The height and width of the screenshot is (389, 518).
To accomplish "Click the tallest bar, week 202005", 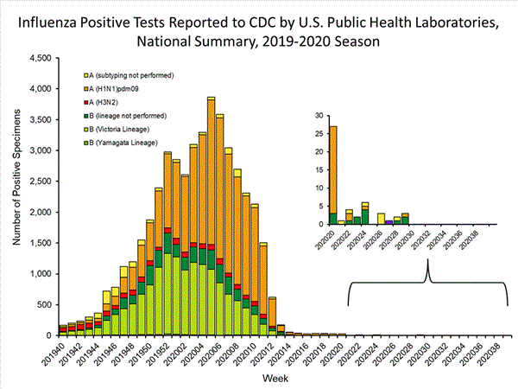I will (x=212, y=216).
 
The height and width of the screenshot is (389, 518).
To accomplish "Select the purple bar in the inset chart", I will (x=388, y=222).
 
